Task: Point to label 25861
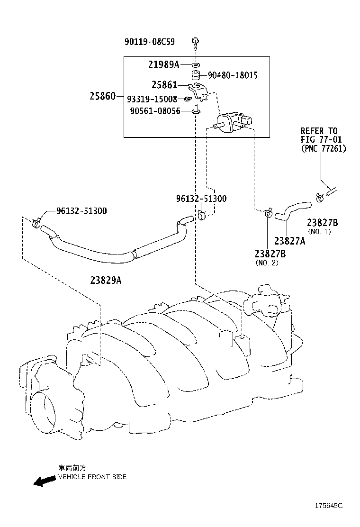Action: (x=164, y=85)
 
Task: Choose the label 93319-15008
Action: (x=152, y=99)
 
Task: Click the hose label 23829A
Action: (x=106, y=280)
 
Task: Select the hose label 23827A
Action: (x=289, y=240)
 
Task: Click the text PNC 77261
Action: (x=324, y=148)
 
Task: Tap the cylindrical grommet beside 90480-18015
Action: (x=196, y=75)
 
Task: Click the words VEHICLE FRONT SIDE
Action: (x=92, y=477)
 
